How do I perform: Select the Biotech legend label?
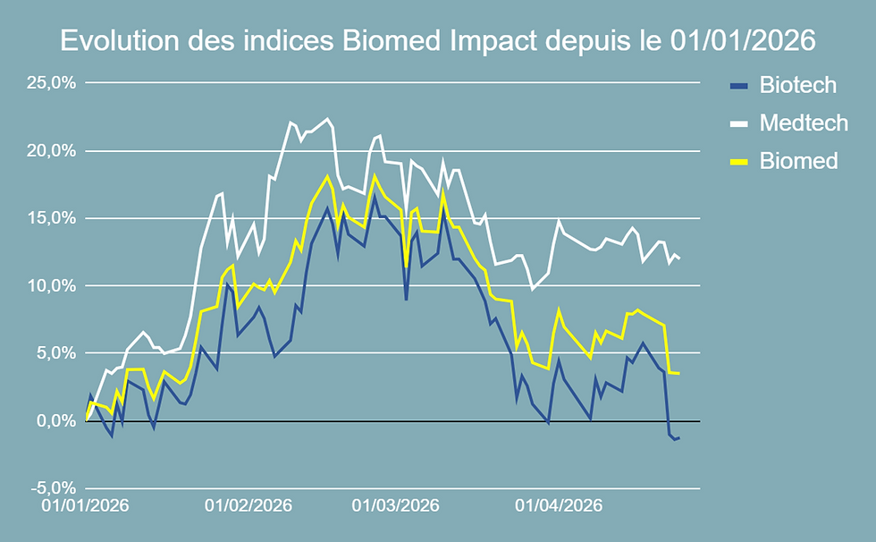[797, 85]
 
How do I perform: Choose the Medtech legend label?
[803, 123]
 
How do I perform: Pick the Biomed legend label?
[798, 160]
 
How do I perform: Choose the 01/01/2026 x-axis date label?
[86, 505]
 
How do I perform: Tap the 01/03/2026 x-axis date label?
[395, 505]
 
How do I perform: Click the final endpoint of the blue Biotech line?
[680, 437]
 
